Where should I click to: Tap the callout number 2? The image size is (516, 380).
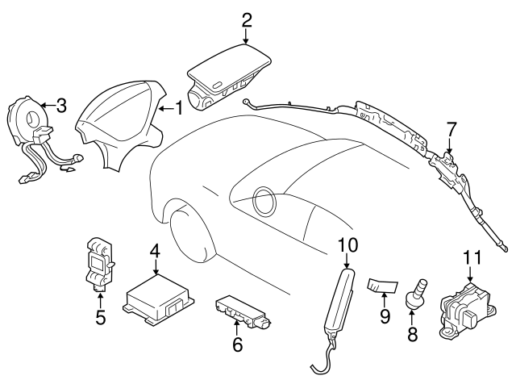tap(247, 18)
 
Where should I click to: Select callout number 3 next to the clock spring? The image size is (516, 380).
tap(61, 105)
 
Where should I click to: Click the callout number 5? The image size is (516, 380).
tap(100, 317)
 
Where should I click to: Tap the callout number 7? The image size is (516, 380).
tap(451, 127)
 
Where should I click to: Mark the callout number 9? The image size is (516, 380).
tap(385, 316)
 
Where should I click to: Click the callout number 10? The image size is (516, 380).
tap(347, 243)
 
